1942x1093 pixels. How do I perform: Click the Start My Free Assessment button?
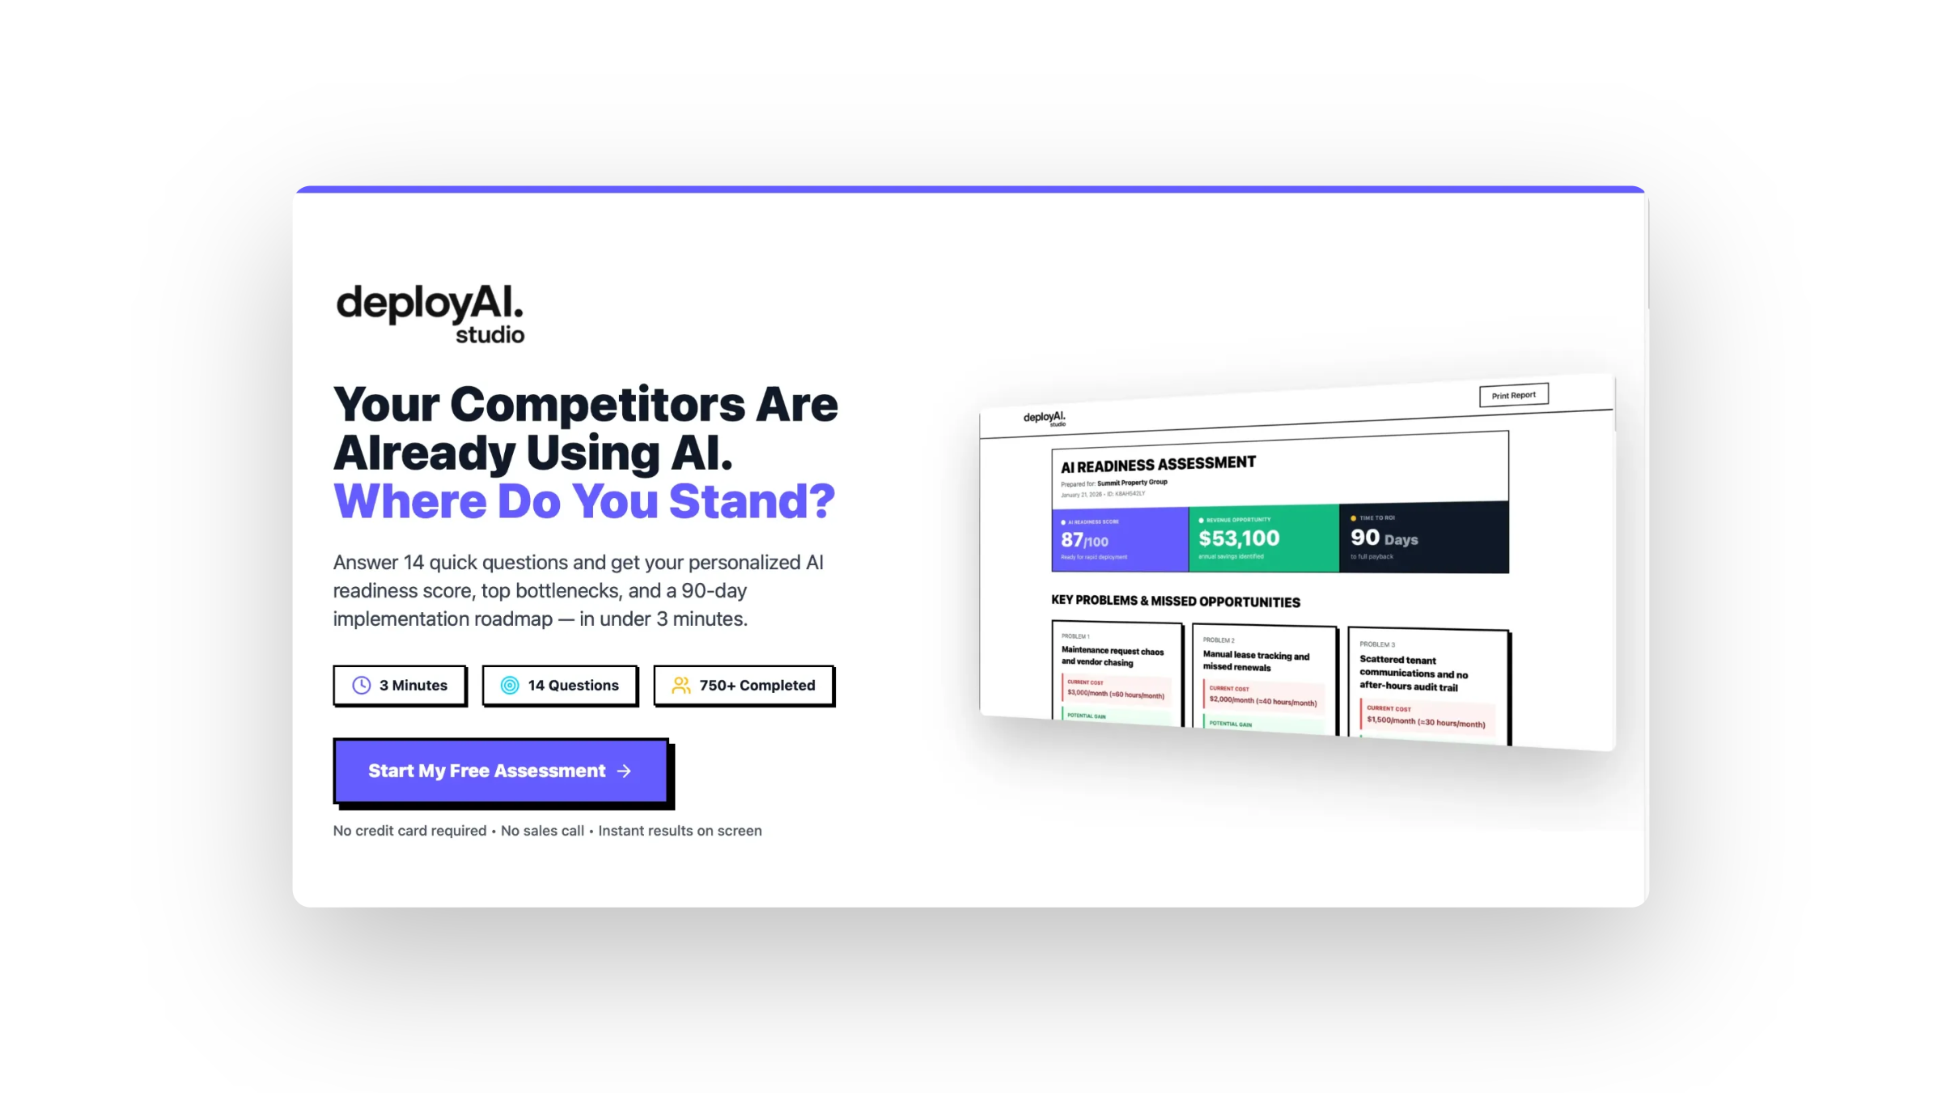click(500, 771)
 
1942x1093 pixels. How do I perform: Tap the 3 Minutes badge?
click(400, 686)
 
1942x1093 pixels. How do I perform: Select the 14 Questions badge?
click(559, 686)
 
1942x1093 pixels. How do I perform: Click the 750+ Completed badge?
click(744, 686)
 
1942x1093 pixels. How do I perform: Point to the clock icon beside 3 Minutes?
click(362, 686)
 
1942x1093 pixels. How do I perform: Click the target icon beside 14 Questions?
click(510, 686)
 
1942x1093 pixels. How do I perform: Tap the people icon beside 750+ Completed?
click(681, 686)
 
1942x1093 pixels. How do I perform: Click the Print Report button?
click(1513, 395)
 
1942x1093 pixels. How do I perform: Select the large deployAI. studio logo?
click(430, 313)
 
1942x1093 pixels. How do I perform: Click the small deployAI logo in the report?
click(1045, 418)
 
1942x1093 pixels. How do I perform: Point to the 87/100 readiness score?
click(1084, 540)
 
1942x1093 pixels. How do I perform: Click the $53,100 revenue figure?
click(1239, 538)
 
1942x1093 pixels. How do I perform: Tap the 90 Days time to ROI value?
click(1384, 538)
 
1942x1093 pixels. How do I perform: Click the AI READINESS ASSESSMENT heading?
click(1158, 465)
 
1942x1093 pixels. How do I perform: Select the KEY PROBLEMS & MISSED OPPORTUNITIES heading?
click(1175, 602)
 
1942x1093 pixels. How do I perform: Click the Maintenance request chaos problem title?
click(1112, 657)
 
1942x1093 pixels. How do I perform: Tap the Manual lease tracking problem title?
click(1255, 661)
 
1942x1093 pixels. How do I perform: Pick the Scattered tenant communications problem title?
click(1413, 674)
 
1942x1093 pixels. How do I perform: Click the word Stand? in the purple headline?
click(752, 501)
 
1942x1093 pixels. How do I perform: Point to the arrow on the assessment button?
click(624, 772)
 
